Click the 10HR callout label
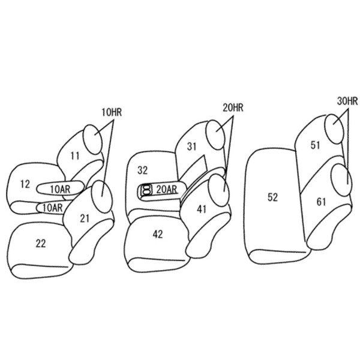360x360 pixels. [112, 113]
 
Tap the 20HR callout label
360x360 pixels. [233, 107]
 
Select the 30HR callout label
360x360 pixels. [347, 101]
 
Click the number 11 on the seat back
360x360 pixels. [75, 156]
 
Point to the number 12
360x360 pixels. [25, 184]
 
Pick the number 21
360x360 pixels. [85, 218]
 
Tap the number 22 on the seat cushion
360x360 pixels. [41, 244]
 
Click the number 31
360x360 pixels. [192, 146]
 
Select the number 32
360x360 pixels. [142, 170]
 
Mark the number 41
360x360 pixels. [202, 209]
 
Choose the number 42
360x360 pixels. [158, 234]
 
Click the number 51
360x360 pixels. [315, 145]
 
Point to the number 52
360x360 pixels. [273, 197]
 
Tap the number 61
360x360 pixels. [321, 202]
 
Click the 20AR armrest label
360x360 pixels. [167, 190]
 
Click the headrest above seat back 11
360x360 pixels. [92, 139]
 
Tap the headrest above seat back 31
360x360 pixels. [215, 134]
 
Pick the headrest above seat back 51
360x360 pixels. [335, 129]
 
